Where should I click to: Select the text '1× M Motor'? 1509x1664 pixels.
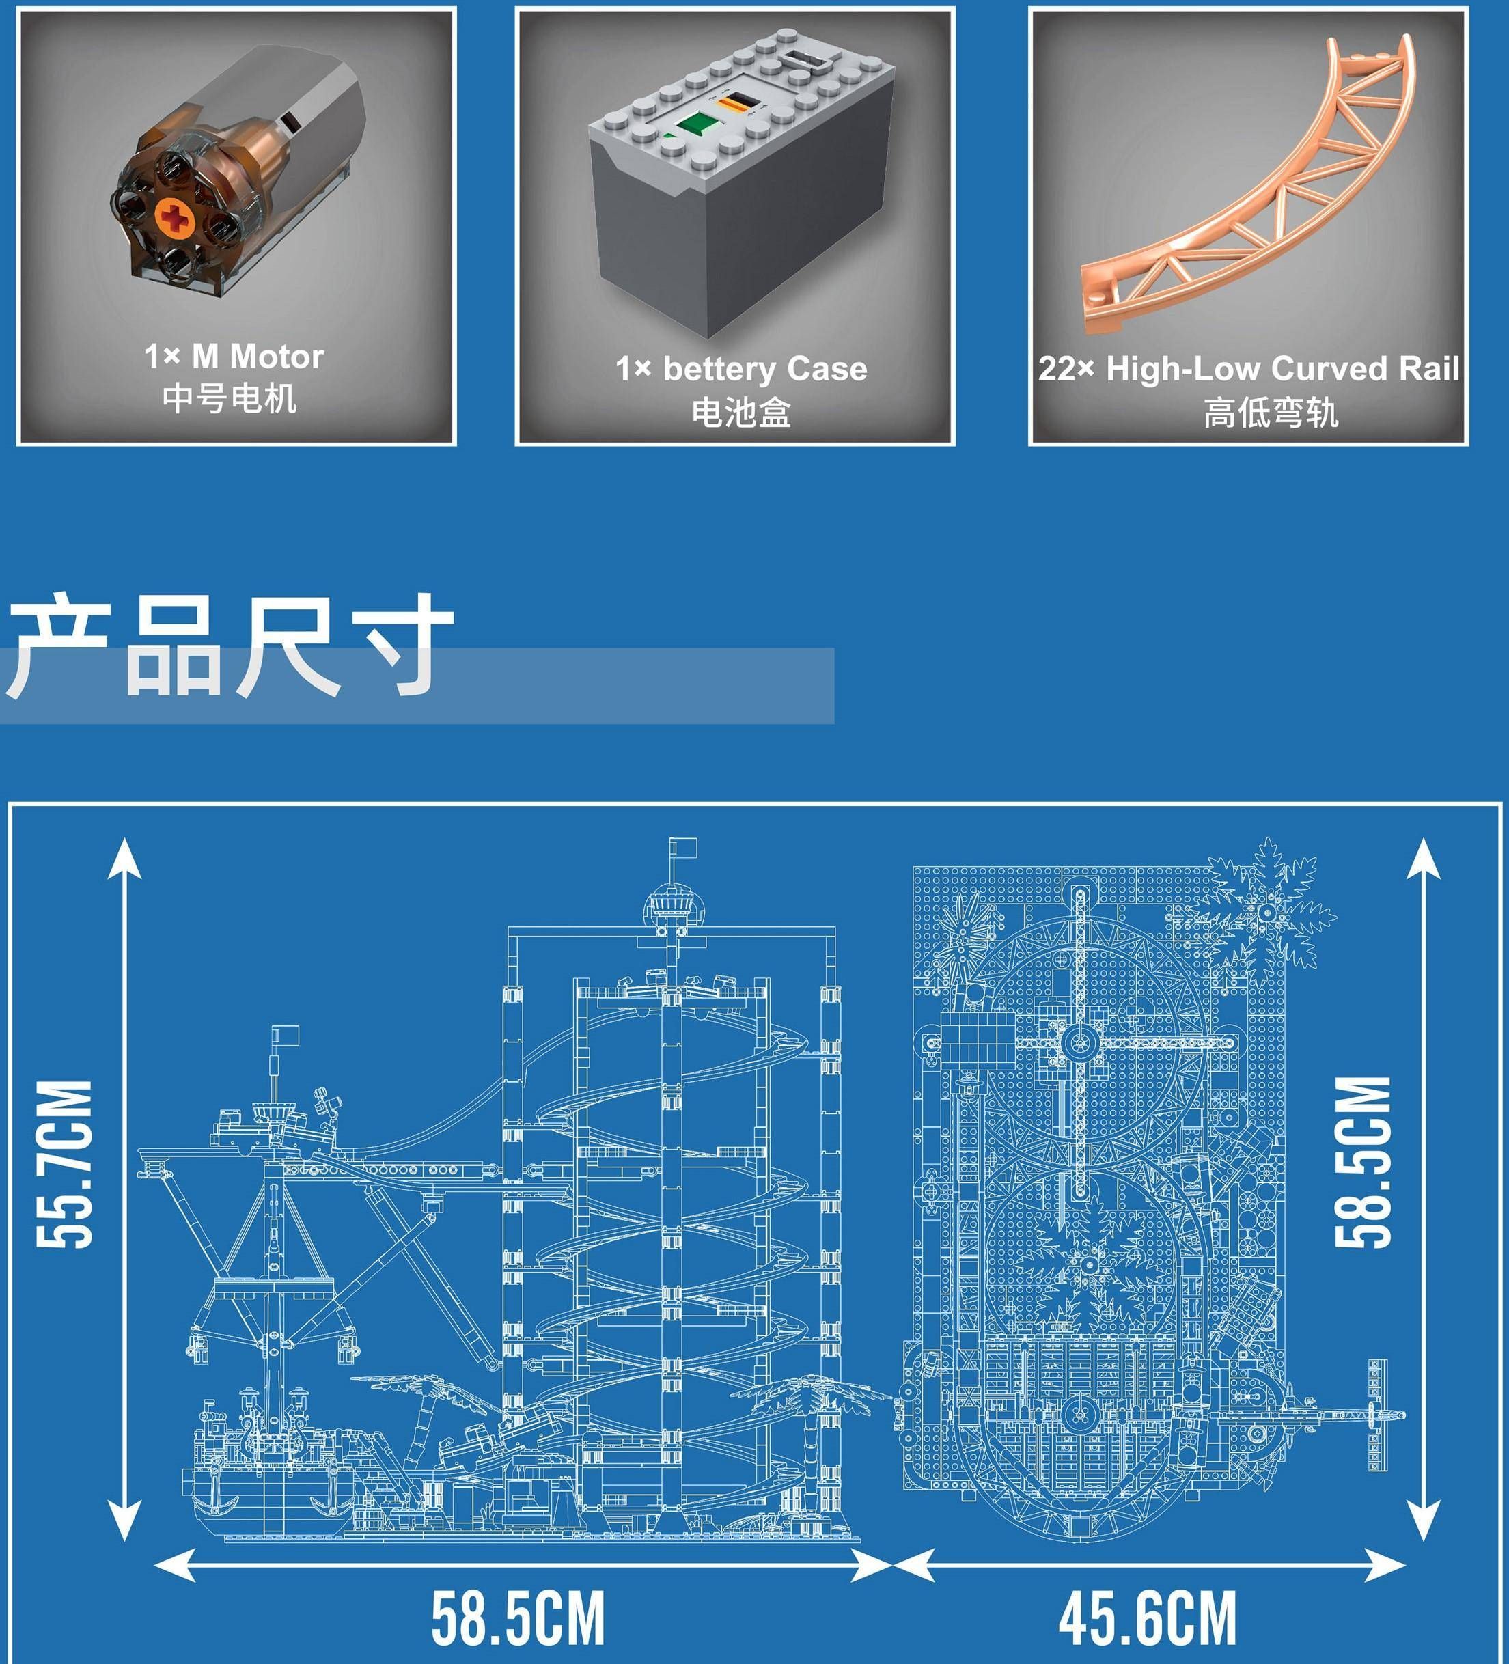tap(234, 357)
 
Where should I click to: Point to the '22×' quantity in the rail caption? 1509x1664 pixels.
tap(1066, 369)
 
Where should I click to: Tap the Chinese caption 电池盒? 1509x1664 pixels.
tap(741, 412)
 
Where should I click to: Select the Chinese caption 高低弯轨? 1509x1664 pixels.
tap(1270, 412)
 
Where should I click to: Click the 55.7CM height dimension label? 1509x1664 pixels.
tap(65, 1164)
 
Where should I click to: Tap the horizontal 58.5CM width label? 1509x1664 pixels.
tap(518, 1619)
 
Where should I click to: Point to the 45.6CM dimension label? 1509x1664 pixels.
tap(1148, 1619)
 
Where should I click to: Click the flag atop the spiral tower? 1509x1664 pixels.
tap(684, 847)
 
